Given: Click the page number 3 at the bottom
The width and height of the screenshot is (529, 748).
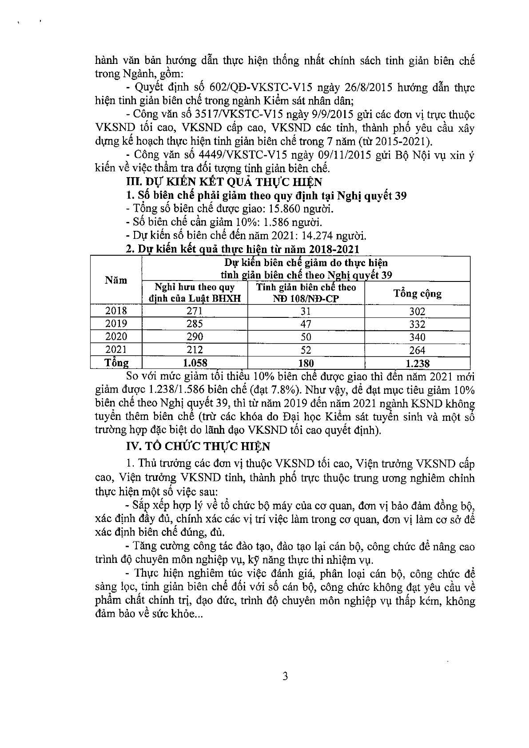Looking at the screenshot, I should coord(285,677).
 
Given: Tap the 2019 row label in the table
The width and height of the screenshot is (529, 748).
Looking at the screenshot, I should coord(116,324).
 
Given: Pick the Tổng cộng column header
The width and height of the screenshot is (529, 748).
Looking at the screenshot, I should coord(417,293).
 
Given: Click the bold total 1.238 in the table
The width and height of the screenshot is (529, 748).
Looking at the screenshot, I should coord(417,364).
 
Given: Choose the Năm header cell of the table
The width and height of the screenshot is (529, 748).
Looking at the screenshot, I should coord(116,280).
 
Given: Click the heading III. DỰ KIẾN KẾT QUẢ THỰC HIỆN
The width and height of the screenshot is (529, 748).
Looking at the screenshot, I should coord(224,182).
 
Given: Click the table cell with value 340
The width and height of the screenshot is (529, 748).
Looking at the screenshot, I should coord(417,337).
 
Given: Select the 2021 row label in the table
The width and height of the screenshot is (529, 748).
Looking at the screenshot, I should coord(116,350).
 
